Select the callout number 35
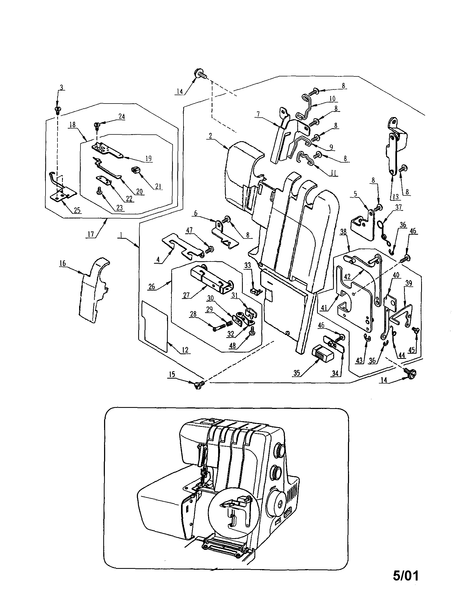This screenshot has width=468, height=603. click(297, 373)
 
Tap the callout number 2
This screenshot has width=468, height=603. click(210, 136)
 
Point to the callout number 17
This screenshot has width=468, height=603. click(91, 234)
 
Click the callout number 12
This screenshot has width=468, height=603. click(185, 350)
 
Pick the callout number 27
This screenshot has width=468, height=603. click(186, 295)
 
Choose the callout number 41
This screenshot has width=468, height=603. click(324, 308)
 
